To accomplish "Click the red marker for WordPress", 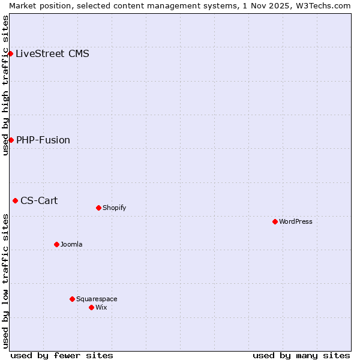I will [x=275, y=221].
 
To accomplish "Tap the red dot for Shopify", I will [x=98, y=208].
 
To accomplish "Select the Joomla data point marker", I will [x=56, y=244].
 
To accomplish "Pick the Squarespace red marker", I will [x=72, y=299].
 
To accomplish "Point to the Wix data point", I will [x=91, y=307].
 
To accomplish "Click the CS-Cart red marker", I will [x=15, y=200].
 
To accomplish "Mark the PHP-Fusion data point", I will [x=11, y=140].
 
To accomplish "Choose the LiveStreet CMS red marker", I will [x=10, y=53].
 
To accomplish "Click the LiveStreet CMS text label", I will [x=52, y=54].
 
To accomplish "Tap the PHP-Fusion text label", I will [x=43, y=140].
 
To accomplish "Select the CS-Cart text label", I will [x=39, y=201].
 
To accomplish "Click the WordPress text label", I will [x=296, y=221].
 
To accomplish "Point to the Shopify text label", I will [x=114, y=208].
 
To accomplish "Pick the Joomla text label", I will [x=71, y=244].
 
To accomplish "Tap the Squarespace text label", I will [x=97, y=299].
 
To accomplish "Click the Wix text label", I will [x=101, y=307].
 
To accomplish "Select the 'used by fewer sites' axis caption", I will [x=62, y=356].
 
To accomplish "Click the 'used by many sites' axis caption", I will [x=301, y=356].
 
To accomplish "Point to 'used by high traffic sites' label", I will [x=5, y=85].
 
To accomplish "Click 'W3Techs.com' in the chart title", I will [x=321, y=5].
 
